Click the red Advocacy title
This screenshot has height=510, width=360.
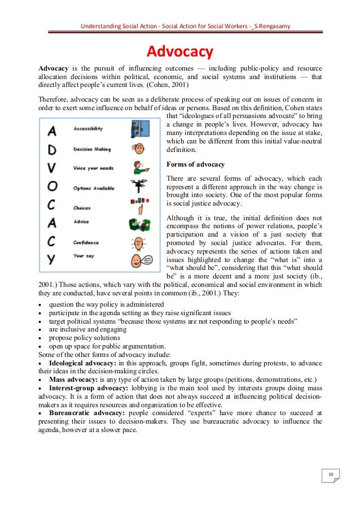pos(179,53)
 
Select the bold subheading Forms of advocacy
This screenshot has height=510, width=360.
pos(196,164)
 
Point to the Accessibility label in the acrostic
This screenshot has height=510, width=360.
pos(89,129)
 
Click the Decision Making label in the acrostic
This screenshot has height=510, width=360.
pos(93,149)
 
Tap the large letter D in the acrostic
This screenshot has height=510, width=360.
pos(52,151)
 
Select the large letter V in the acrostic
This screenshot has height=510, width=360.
pos(52,169)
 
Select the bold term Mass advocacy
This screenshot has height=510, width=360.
pos(73,379)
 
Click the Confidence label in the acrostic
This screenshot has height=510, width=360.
pos(87,242)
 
